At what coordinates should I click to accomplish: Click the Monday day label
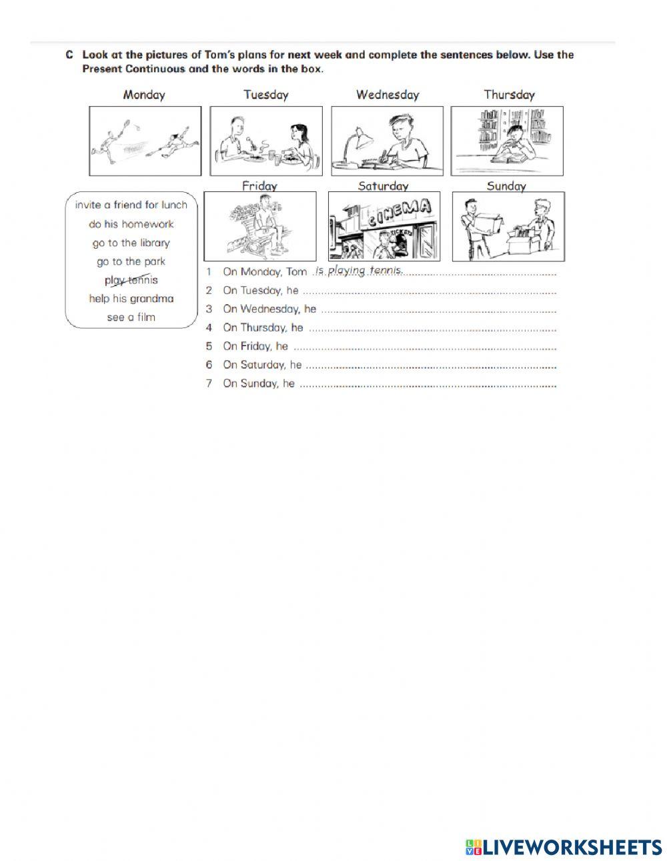[x=143, y=95]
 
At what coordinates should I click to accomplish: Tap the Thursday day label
[x=509, y=95]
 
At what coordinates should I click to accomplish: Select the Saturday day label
[x=383, y=186]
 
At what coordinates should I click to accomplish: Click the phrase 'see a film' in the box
[x=131, y=317]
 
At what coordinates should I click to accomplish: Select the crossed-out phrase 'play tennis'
[x=131, y=280]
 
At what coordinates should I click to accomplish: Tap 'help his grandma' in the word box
[x=131, y=299]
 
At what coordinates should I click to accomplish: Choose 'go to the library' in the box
[x=131, y=243]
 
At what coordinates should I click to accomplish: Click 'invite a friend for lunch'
[x=131, y=205]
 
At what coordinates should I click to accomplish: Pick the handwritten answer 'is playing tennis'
[x=359, y=270]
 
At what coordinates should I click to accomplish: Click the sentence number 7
[x=209, y=383]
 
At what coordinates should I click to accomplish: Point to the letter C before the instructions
[x=69, y=55]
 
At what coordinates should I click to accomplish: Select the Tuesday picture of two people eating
[x=266, y=141]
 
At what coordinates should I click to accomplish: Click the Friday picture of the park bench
[x=260, y=226]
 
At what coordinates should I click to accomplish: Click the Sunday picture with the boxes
[x=508, y=226]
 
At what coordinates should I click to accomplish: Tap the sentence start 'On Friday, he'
[x=255, y=346]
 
